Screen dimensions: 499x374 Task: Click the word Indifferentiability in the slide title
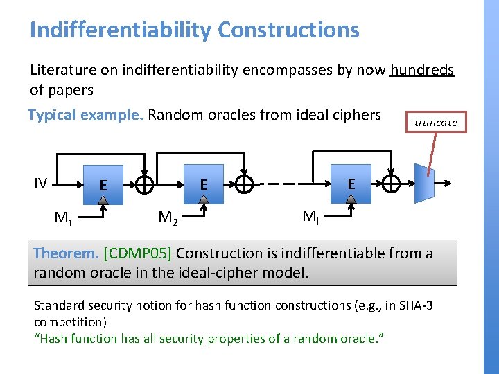click(121, 30)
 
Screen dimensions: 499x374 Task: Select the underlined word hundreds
click(422, 70)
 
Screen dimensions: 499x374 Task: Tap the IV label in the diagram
click(41, 184)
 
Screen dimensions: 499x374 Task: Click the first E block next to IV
click(103, 184)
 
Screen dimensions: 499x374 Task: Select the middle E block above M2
click(204, 184)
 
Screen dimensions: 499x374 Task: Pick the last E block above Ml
click(351, 184)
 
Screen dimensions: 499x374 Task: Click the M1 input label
click(64, 220)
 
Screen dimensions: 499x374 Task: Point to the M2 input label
click(168, 218)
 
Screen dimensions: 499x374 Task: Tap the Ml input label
click(310, 217)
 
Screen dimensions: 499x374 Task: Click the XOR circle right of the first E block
click(144, 185)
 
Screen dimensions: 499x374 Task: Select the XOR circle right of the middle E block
click(244, 185)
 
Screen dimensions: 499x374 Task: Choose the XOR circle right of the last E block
click(391, 184)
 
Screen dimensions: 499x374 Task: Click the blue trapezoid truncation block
click(423, 184)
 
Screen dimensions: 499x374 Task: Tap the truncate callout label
click(436, 123)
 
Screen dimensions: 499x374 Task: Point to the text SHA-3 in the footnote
click(415, 305)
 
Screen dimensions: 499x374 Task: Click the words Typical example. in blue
click(85, 115)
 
